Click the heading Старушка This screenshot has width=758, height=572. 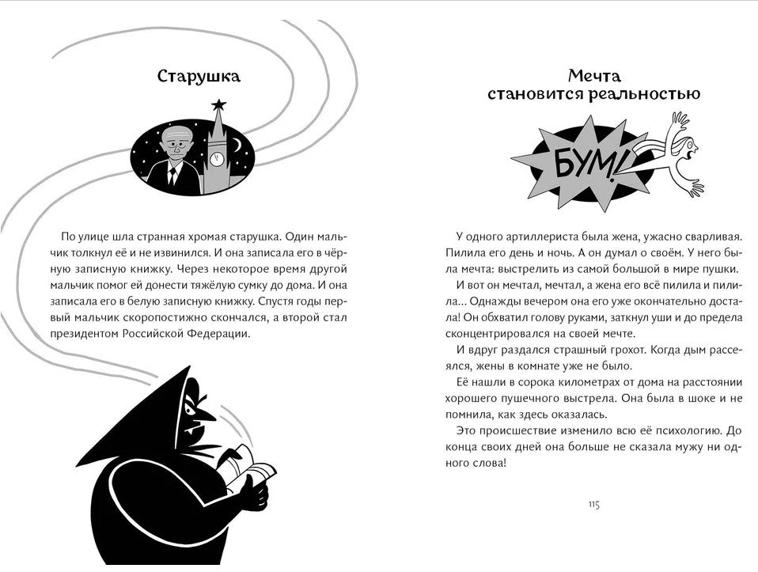(x=199, y=77)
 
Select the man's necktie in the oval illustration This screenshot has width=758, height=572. (x=174, y=175)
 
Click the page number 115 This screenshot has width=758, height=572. (x=595, y=505)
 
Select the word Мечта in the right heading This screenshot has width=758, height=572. (x=594, y=77)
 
